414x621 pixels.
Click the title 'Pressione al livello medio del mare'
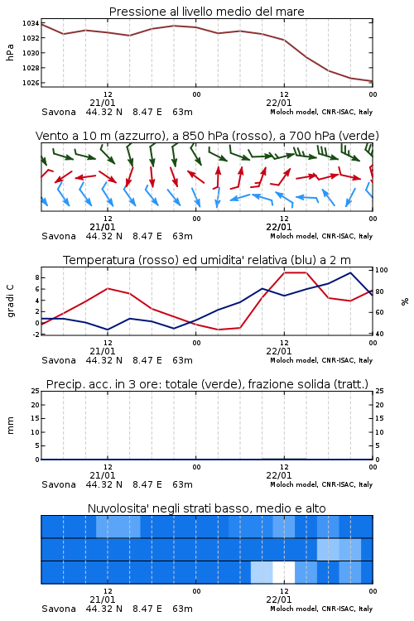(x=206, y=12)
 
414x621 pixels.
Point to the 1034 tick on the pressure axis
(x=31, y=23)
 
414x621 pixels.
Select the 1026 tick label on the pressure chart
(x=31, y=83)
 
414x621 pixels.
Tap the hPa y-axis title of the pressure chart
(x=10, y=52)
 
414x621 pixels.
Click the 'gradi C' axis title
(x=11, y=301)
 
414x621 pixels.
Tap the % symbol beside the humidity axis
(x=405, y=301)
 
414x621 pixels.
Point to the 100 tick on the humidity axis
(x=382, y=270)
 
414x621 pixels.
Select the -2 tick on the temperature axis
(x=36, y=335)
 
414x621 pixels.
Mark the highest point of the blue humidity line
(x=350, y=272)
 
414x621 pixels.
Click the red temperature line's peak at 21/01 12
(x=108, y=288)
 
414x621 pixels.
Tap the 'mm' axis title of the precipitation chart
(x=11, y=425)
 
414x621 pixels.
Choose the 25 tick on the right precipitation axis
(x=379, y=391)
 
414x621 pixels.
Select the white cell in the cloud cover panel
(x=284, y=572)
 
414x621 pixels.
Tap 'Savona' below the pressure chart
(x=59, y=112)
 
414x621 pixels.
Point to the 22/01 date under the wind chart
(x=279, y=228)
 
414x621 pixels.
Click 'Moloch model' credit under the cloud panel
(x=294, y=609)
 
